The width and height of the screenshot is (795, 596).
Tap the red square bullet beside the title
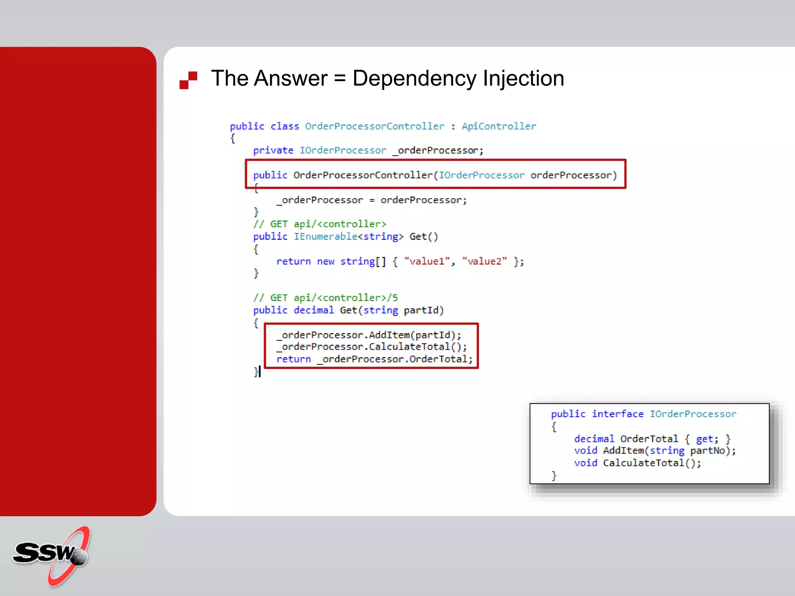[x=188, y=80]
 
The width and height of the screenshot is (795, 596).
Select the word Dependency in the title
[x=414, y=79]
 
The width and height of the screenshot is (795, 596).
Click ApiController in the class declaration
[x=499, y=126]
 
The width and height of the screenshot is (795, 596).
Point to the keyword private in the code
[x=273, y=151]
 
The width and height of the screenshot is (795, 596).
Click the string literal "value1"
[x=427, y=262]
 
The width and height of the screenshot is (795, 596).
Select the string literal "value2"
[x=484, y=262]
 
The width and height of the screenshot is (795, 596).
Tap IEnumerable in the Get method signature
[x=325, y=237]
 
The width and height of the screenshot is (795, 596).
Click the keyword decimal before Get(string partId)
[x=314, y=310]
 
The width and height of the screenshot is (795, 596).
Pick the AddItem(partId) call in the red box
[x=414, y=335]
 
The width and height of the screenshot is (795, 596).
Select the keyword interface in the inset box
[x=618, y=414]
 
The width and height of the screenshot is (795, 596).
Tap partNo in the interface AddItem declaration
[x=707, y=451]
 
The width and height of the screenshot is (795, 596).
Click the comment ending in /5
[x=325, y=298]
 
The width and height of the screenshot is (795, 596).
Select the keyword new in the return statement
[x=325, y=262]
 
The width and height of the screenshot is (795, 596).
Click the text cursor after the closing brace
[x=260, y=372]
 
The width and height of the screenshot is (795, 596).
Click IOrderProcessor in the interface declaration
[x=693, y=414]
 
